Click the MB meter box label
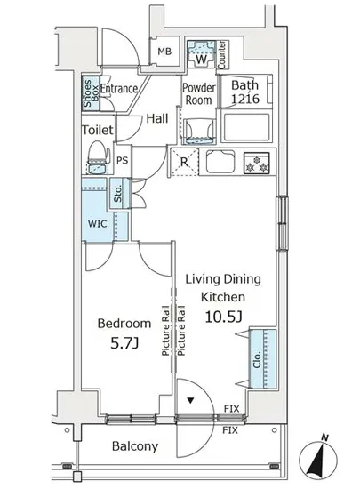coord(164,52)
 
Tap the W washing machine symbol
coord(202,53)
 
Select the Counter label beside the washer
coord(221,54)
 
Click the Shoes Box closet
coord(91,93)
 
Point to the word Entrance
coord(119,89)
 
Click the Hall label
coord(157,118)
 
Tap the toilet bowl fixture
coord(98,156)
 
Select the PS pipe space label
coord(122,160)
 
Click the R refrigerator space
coord(184,162)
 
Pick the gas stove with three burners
coord(257,163)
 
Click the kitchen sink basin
coord(220,161)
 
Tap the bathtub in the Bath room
coord(246,127)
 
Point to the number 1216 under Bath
coord(245,99)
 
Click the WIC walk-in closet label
coord(97,223)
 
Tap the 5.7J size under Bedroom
coord(124,343)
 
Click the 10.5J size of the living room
coord(223,317)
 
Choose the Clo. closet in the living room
coord(263,359)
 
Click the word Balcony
coord(135,446)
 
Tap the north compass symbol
coord(318,459)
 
